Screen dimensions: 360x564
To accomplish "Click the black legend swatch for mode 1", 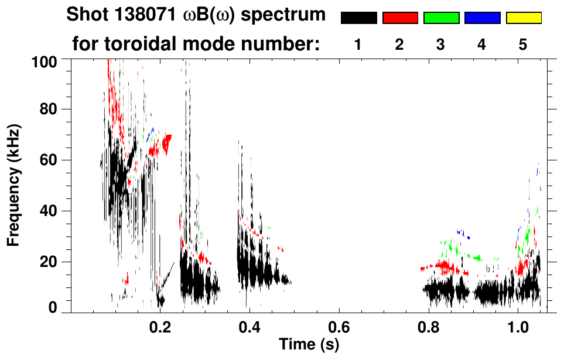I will (358, 18).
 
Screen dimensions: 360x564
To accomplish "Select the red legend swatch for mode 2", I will (400, 18).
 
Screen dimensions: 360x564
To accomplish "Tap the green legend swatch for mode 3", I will (441, 18).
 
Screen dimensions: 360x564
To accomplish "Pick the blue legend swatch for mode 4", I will (482, 18).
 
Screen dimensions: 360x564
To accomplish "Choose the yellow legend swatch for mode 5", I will (523, 18).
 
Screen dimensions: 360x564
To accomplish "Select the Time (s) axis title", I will (308, 345).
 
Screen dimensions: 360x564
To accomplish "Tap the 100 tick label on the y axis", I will (46, 61).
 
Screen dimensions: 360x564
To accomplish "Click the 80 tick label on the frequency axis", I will (50, 109).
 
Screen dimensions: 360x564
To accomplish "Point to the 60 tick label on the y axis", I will (50, 160).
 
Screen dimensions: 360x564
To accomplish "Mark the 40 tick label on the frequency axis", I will (50, 211).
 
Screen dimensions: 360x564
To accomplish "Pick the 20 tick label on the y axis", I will (50, 262).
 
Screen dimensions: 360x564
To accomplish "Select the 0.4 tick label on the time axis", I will (250, 325).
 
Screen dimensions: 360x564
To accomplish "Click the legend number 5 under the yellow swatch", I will (523, 44).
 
